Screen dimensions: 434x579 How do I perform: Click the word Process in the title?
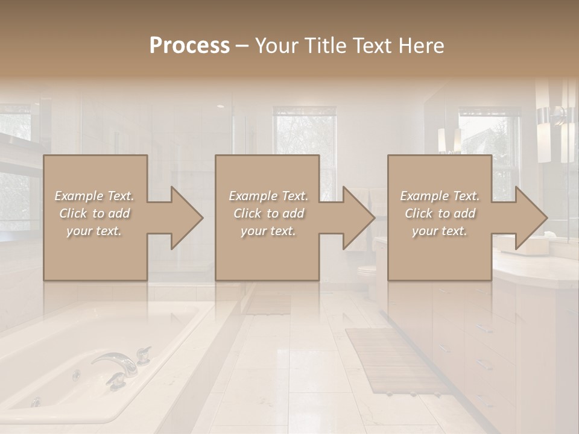189,46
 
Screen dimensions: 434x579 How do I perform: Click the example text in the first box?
95,213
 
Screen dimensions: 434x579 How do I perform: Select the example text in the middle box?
268,213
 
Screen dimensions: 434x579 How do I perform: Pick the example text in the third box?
440,213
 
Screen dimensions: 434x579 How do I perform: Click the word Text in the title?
372,46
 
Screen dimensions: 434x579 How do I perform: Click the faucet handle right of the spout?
144,354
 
